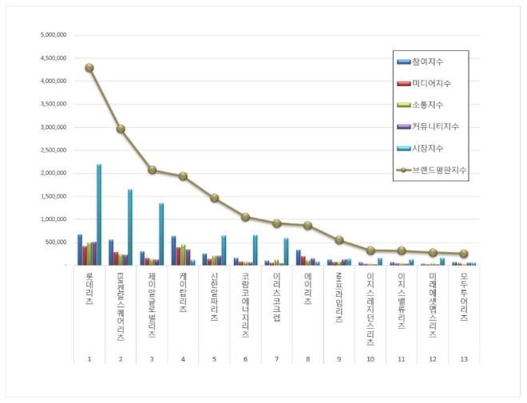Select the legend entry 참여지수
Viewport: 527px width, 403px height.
pyautogui.click(x=426, y=62)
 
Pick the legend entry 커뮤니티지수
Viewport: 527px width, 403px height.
pyautogui.click(x=432, y=127)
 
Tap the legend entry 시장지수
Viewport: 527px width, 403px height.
pyautogui.click(x=426, y=148)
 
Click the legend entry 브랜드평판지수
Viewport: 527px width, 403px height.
pyautogui.click(x=434, y=170)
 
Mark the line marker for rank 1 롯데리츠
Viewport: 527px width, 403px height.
pyautogui.click(x=89, y=68)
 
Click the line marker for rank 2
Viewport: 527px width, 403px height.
pyautogui.click(x=121, y=128)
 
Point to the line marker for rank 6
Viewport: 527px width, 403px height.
pyautogui.click(x=245, y=217)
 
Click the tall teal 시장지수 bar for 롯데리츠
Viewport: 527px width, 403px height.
pyautogui.click(x=99, y=214)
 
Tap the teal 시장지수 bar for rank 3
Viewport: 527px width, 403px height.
pyautogui.click(x=161, y=233)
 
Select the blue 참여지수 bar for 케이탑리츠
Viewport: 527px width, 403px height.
pyautogui.click(x=173, y=250)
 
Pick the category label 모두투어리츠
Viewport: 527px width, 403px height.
pyautogui.click(x=464, y=297)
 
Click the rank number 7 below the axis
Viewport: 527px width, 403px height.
pyautogui.click(x=276, y=359)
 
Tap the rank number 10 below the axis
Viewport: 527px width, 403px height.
pyautogui.click(x=370, y=359)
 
